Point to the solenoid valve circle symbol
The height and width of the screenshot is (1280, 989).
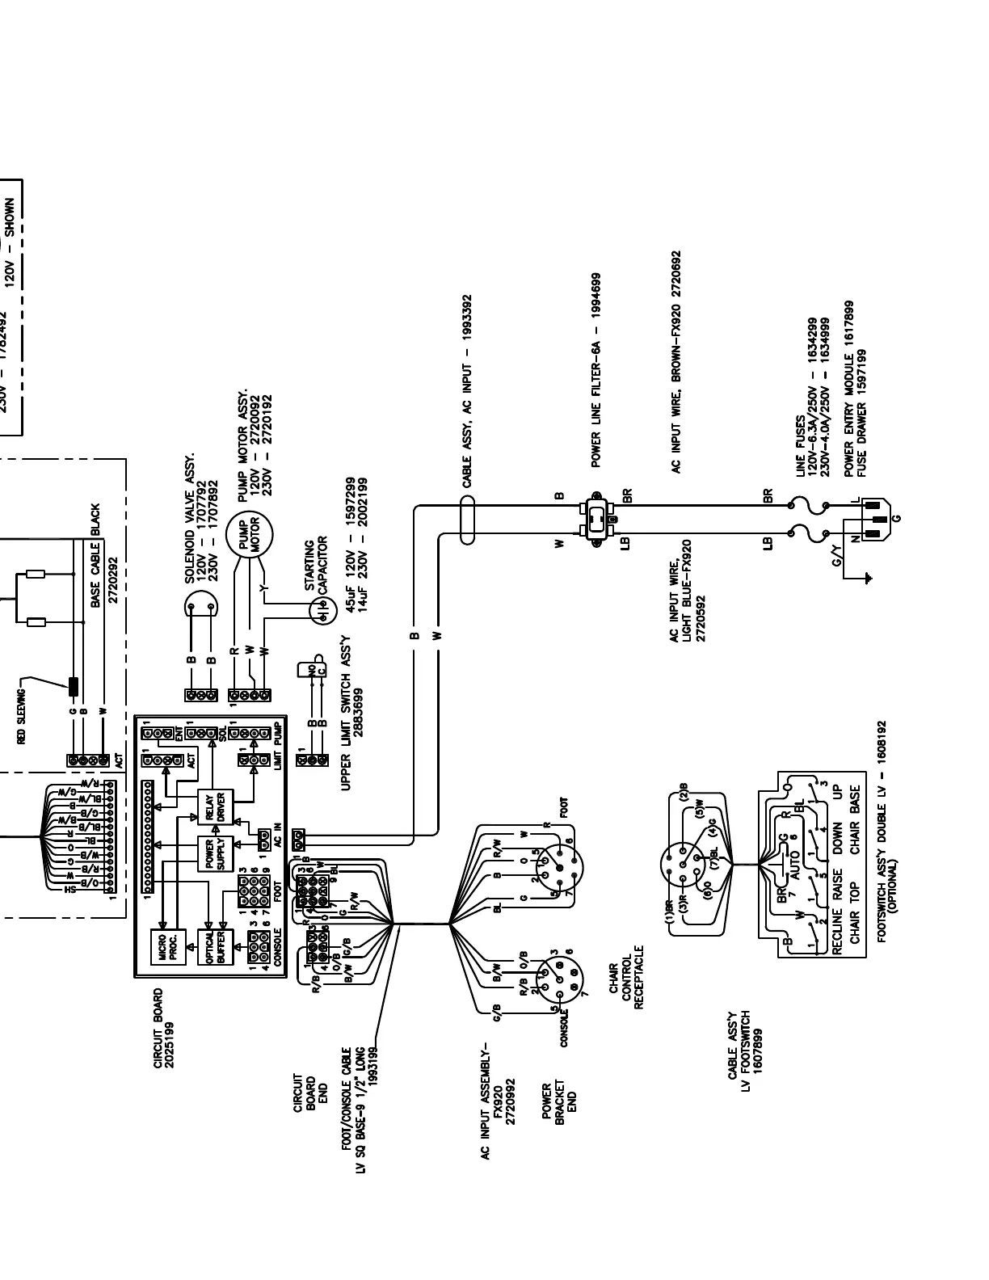[200, 605]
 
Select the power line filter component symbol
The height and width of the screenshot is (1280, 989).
[596, 517]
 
